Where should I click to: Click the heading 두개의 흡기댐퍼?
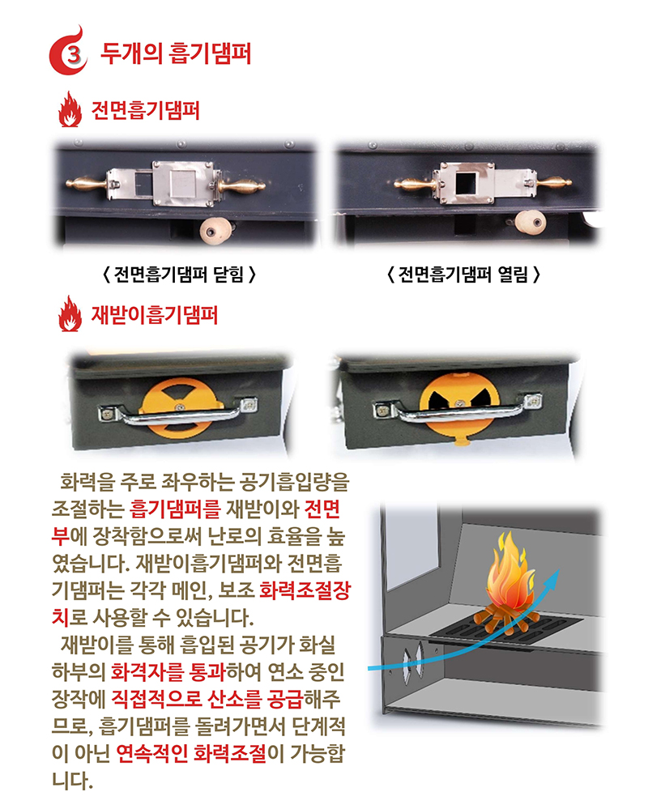point(176,54)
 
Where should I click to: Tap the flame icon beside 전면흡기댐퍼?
point(70,111)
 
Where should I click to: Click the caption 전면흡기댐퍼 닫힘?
point(181,274)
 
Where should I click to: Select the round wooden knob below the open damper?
point(529,220)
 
